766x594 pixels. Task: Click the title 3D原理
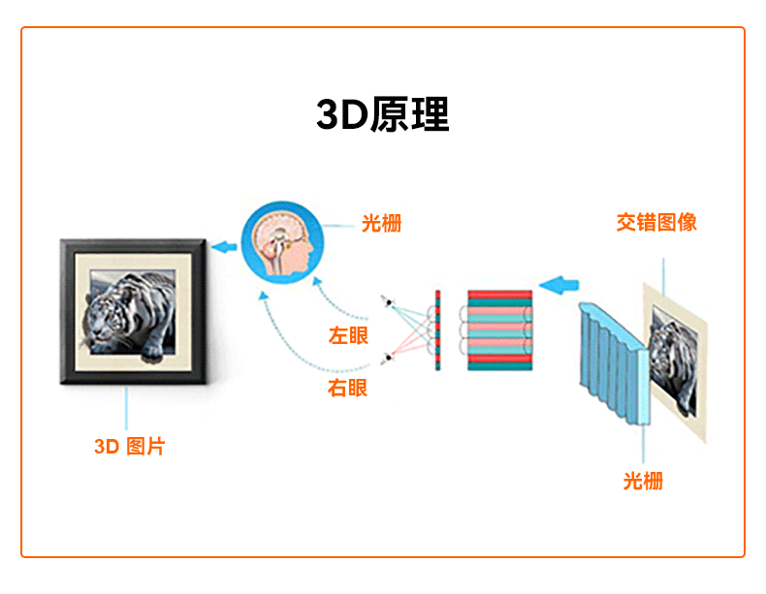tap(382, 114)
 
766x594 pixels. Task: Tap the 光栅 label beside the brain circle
tap(381, 224)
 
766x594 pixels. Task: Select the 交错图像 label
tap(656, 223)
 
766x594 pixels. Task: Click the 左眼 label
tap(348, 336)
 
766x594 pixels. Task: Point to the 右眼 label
tap(347, 388)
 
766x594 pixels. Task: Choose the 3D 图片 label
tap(130, 446)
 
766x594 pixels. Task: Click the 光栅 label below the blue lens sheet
tap(643, 482)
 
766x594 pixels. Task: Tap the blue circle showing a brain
tap(282, 242)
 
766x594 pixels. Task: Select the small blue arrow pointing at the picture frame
tap(224, 247)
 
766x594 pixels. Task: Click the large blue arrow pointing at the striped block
tap(559, 285)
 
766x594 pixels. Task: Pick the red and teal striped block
tap(499, 329)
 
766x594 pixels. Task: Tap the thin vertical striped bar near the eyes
tap(437, 329)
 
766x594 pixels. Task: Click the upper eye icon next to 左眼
tap(389, 302)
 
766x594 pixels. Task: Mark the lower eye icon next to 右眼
tap(389, 358)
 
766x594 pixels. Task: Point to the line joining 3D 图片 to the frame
tap(126, 408)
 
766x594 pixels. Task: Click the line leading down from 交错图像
tap(663, 277)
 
